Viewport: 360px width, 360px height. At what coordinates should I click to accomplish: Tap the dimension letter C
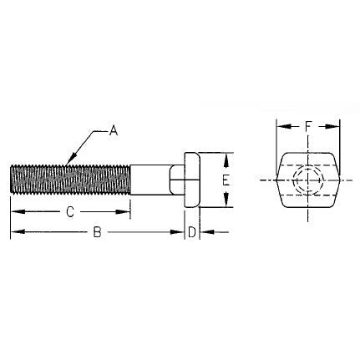tap(69, 212)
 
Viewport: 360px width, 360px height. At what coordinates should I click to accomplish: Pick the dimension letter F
tap(308, 128)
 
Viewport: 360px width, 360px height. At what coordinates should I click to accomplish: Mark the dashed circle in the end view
tap(308, 180)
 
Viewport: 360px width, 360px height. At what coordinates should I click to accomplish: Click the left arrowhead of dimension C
tap(14, 212)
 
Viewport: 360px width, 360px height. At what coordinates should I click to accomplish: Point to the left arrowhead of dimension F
tap(281, 128)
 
